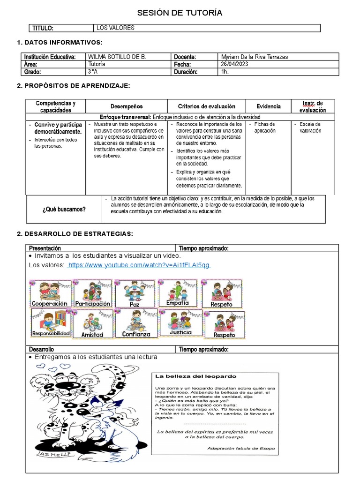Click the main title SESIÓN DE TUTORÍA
coord(180,12)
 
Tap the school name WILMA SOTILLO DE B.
coord(117,57)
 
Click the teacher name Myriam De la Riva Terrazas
coord(254,57)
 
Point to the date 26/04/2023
coord(235,64)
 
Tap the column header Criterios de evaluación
coord(207,106)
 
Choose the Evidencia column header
coord(269,106)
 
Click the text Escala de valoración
coord(310,127)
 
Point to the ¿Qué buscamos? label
coord(64,209)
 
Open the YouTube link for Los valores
coord(139,265)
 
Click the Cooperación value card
coord(51,293)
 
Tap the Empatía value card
coord(177,293)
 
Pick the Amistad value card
coord(92,323)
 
